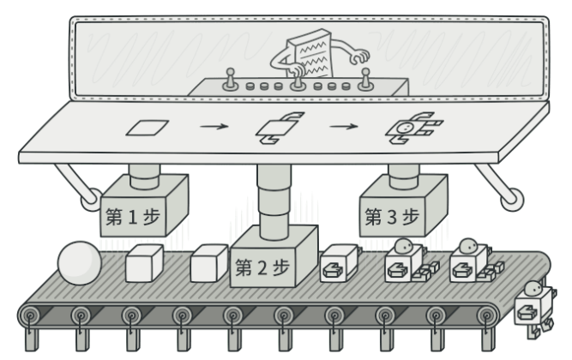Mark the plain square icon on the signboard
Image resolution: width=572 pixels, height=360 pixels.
click(x=145, y=129)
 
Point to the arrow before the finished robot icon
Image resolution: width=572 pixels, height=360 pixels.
click(x=344, y=129)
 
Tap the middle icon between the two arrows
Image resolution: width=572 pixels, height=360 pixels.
click(x=276, y=129)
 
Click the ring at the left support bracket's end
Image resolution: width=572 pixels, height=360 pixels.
click(x=87, y=204)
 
